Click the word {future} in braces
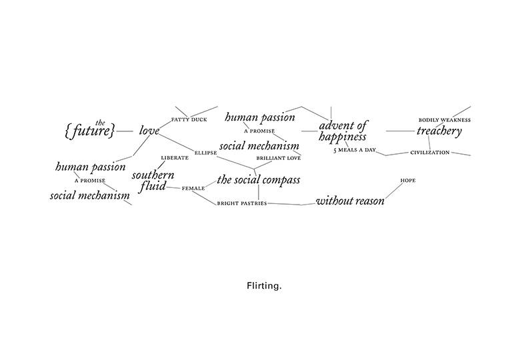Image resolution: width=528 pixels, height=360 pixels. pos(91,131)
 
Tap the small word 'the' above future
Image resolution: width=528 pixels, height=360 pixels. pos(101,122)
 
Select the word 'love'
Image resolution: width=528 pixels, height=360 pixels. pos(149,131)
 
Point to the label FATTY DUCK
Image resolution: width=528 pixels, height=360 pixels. pos(189,120)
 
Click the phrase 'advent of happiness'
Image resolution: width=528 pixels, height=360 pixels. pos(343,131)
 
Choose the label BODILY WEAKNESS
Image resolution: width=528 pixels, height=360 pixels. pos(445,120)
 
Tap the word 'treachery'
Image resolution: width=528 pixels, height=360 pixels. pos(439,131)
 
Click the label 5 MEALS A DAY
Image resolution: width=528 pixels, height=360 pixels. pos(355,151)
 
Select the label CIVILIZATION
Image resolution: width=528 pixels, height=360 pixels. pos(430,153)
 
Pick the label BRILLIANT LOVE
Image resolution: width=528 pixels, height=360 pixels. pos(279,158)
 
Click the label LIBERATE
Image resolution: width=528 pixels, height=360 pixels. pos(175,158)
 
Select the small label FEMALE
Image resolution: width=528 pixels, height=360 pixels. pos(193,189)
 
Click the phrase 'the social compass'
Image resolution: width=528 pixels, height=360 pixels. pos(258,180)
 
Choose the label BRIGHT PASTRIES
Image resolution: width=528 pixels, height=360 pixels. pos(241,203)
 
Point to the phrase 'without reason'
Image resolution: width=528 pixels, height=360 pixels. pos(349,201)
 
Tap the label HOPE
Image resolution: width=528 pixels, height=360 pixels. pos(408,181)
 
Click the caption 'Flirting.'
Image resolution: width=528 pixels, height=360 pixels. pos(264,285)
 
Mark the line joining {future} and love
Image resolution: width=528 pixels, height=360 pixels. pos(125,132)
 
